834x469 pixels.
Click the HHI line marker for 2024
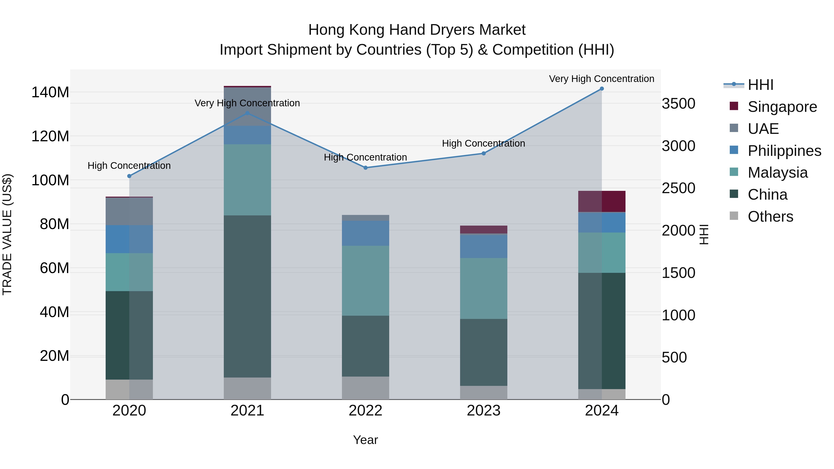tap(602, 89)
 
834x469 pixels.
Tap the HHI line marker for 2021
tap(247, 113)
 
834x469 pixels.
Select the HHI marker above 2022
tap(366, 168)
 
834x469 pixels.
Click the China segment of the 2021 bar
tap(247, 296)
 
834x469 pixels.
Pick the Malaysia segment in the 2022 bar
tap(366, 281)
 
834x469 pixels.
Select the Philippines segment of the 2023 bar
tap(484, 246)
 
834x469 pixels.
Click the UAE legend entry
tap(763, 129)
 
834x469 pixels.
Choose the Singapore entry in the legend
tap(782, 107)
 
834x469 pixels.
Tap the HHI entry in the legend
tap(760, 85)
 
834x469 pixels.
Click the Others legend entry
tap(770, 217)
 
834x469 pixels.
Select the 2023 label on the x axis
tap(484, 411)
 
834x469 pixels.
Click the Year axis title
tap(366, 440)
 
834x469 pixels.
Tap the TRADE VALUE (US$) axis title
tap(7, 234)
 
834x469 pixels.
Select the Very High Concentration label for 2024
tap(602, 79)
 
